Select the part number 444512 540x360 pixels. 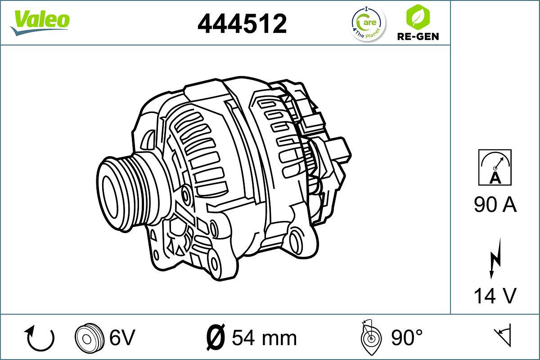pyautogui.click(x=242, y=23)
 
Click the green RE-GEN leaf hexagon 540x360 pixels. pyautogui.click(x=417, y=17)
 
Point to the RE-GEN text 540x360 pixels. pyautogui.click(x=418, y=36)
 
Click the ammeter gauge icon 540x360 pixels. pyautogui.click(x=495, y=167)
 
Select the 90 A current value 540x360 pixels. pyautogui.click(x=495, y=205)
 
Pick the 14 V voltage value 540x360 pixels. pyautogui.click(x=495, y=296)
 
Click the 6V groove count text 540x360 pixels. pyautogui.click(x=122, y=337)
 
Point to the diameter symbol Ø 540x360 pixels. pyautogui.click(x=215, y=337)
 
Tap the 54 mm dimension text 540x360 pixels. pyautogui.click(x=264, y=337)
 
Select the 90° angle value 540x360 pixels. pyautogui.click(x=407, y=337)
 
